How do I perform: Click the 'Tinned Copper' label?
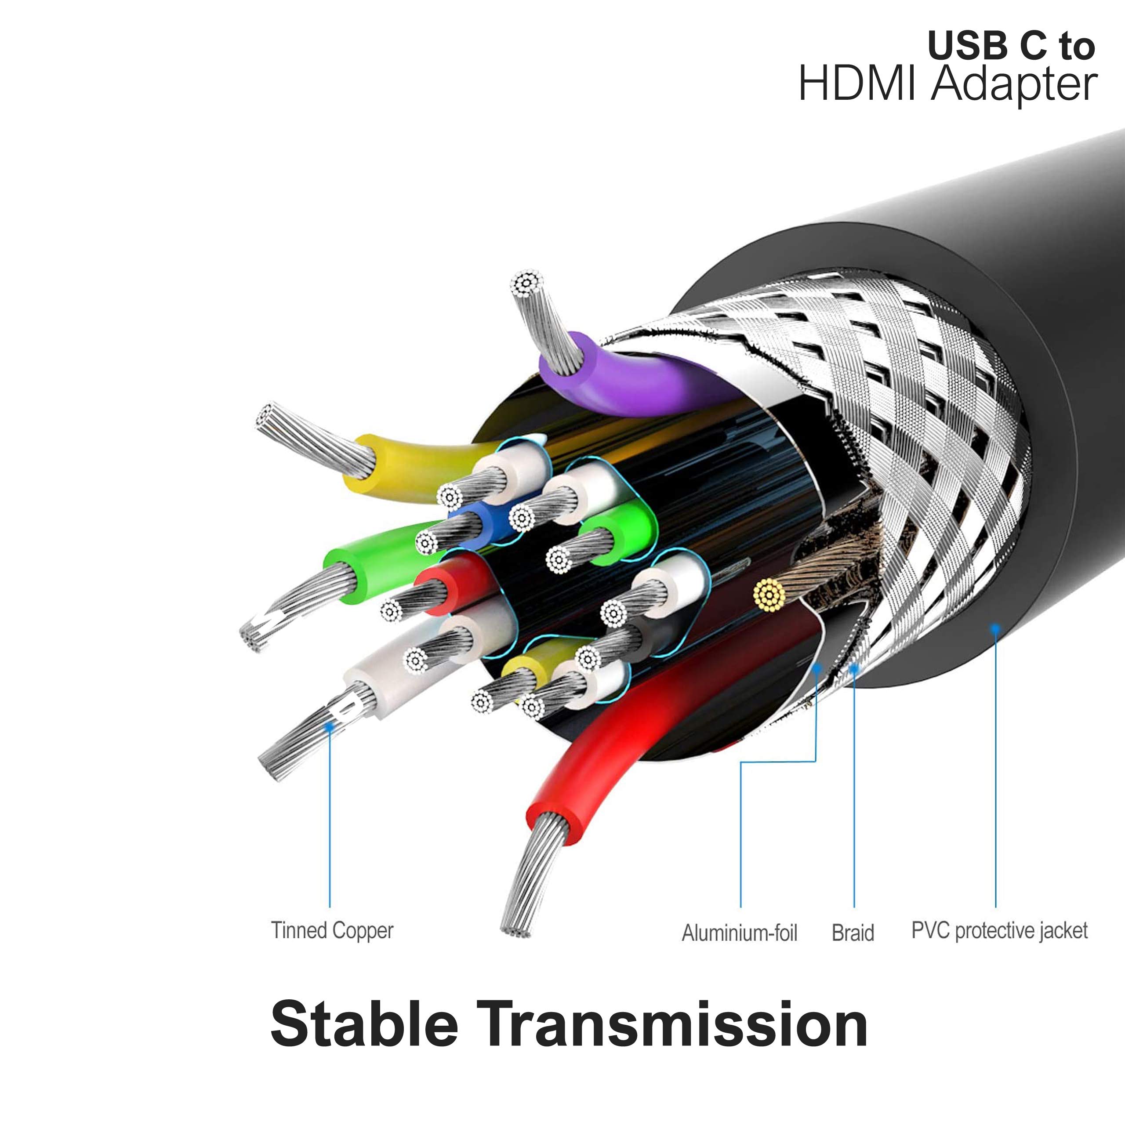coord(332,930)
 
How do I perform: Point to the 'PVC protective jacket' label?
coord(999,930)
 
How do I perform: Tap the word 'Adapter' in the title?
coord(1014,86)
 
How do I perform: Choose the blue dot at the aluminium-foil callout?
coord(817,668)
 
